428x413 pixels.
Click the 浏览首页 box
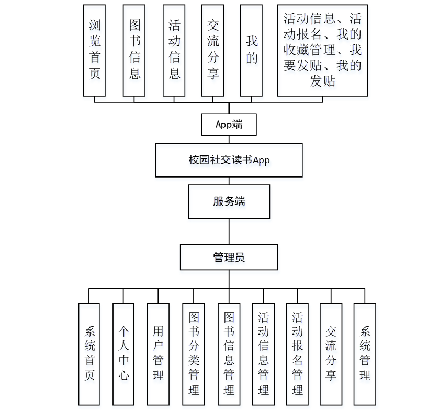[x=94, y=50]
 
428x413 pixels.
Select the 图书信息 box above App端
[x=134, y=50]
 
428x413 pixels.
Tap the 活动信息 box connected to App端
[x=174, y=50]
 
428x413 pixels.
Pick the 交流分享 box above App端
[x=213, y=50]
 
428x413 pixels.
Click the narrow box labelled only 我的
[x=251, y=50]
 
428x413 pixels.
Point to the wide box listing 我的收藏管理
[x=322, y=50]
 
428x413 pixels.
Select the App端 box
[x=229, y=124]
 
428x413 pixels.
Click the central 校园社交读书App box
[x=229, y=160]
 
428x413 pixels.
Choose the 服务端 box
[x=229, y=202]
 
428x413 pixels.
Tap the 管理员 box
[x=229, y=257]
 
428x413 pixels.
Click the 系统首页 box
[x=89, y=354]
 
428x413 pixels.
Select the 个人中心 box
[x=123, y=354]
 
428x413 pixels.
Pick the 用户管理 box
[x=158, y=354]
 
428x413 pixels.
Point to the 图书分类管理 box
[x=194, y=354]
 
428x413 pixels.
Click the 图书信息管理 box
[x=229, y=354]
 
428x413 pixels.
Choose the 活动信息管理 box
[x=263, y=354]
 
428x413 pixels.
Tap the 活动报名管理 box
[x=297, y=354]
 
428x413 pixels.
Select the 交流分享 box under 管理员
[x=331, y=354]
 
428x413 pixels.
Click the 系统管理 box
[x=365, y=354]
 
